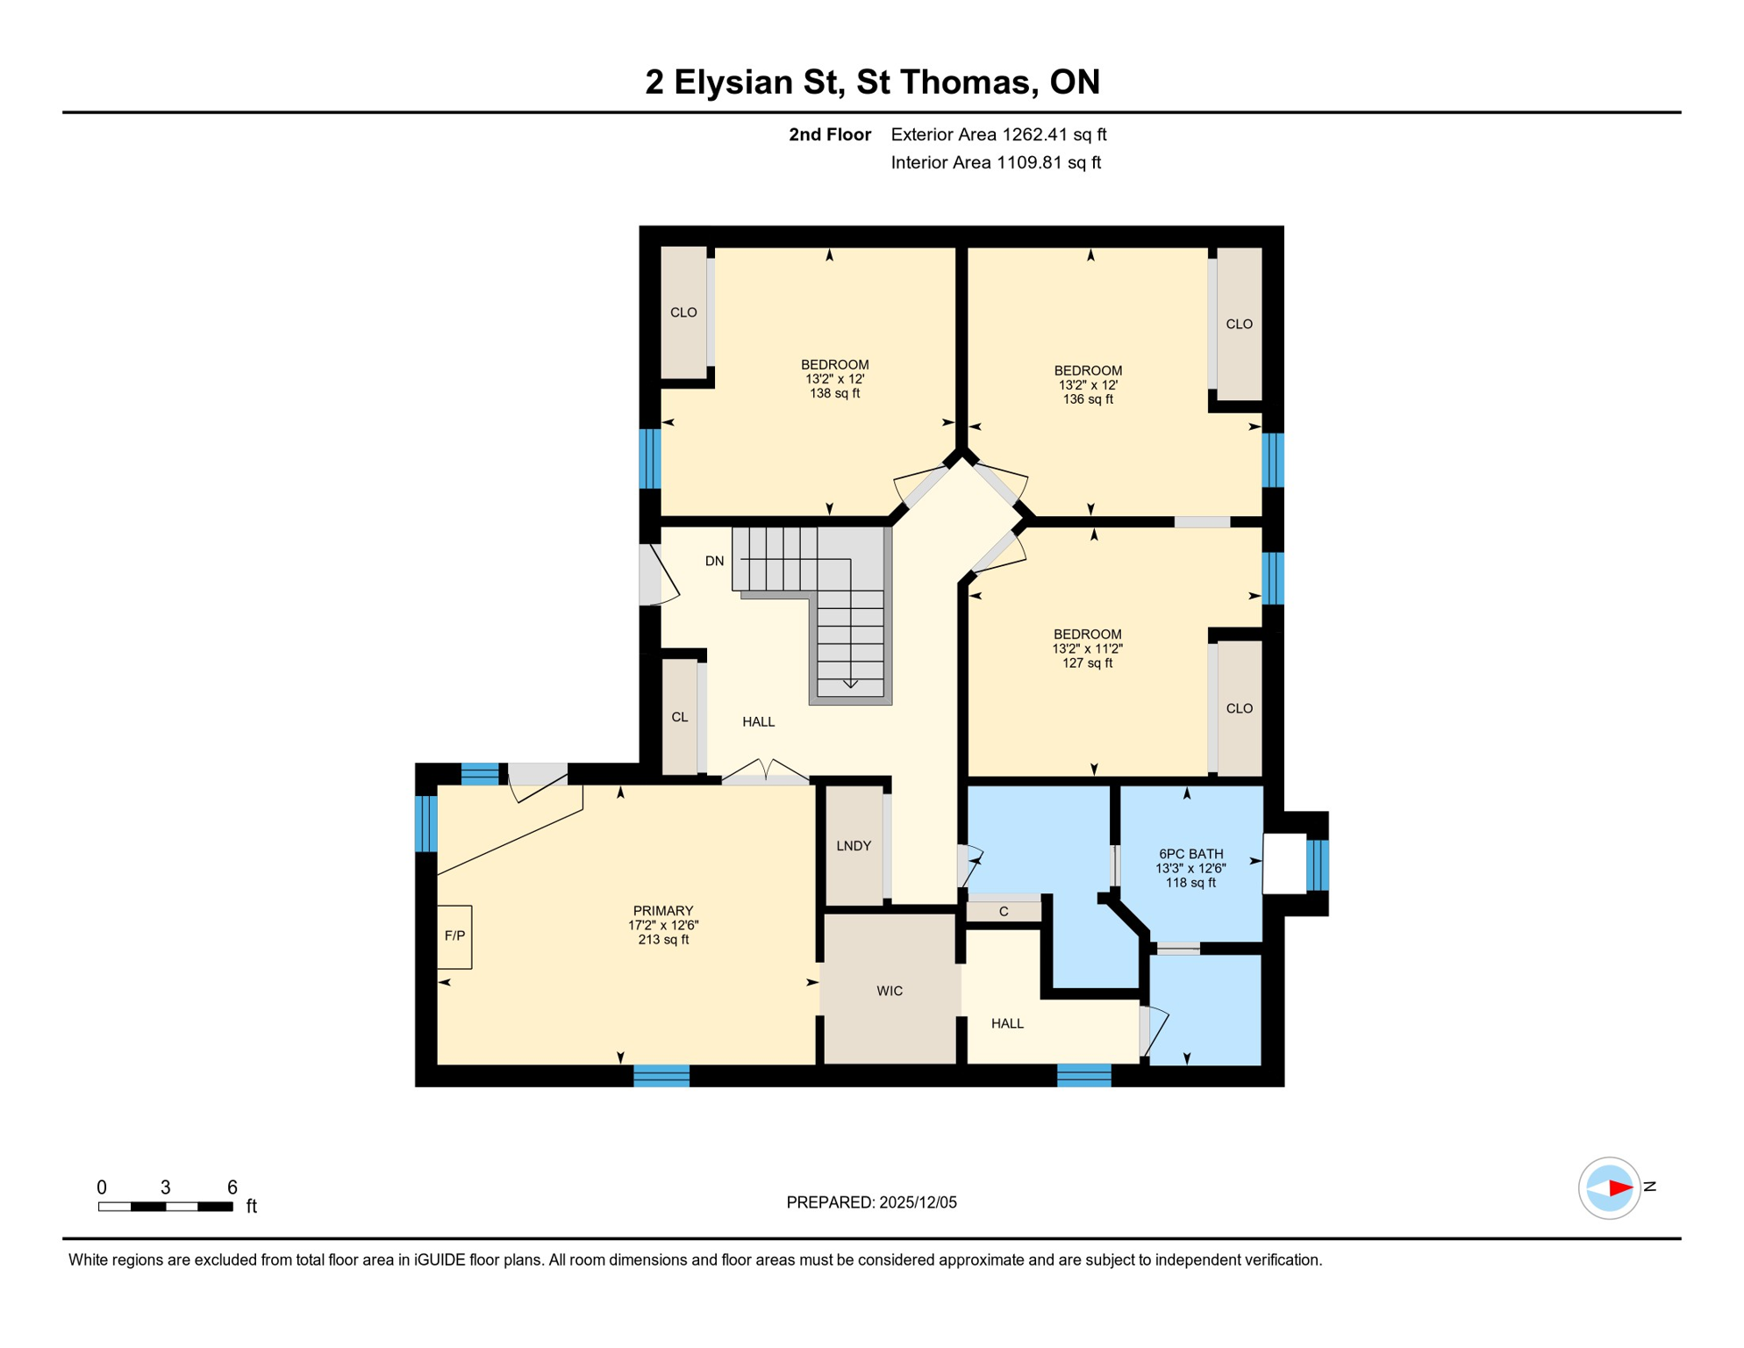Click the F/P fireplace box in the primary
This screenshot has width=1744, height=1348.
pos(454,936)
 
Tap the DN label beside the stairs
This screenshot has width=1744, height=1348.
pos(714,561)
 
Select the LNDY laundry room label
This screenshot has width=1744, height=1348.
pos(853,846)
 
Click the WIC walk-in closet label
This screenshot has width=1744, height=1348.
pos(889,991)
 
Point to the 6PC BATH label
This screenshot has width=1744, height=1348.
pos(1190,853)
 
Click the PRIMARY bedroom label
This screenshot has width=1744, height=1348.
pos(662,911)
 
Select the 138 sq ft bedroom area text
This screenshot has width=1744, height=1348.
pos(834,393)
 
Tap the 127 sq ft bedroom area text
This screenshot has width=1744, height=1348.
pos(1087,663)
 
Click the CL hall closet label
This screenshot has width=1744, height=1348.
pos(679,717)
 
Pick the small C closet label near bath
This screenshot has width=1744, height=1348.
pos(1004,912)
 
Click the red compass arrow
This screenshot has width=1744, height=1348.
pos(1619,1188)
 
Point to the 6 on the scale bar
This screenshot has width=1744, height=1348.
pos(232,1187)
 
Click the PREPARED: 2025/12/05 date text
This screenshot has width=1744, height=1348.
pos(871,1202)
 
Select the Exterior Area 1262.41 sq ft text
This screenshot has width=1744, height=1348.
pos(997,134)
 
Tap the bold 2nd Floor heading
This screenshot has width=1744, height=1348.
pos(829,134)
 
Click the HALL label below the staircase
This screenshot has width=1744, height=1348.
pos(758,721)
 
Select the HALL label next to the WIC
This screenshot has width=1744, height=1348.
pos(1007,1023)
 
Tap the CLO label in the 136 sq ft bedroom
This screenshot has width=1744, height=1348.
pos(1239,324)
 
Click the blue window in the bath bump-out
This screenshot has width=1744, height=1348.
pos(1317,864)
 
